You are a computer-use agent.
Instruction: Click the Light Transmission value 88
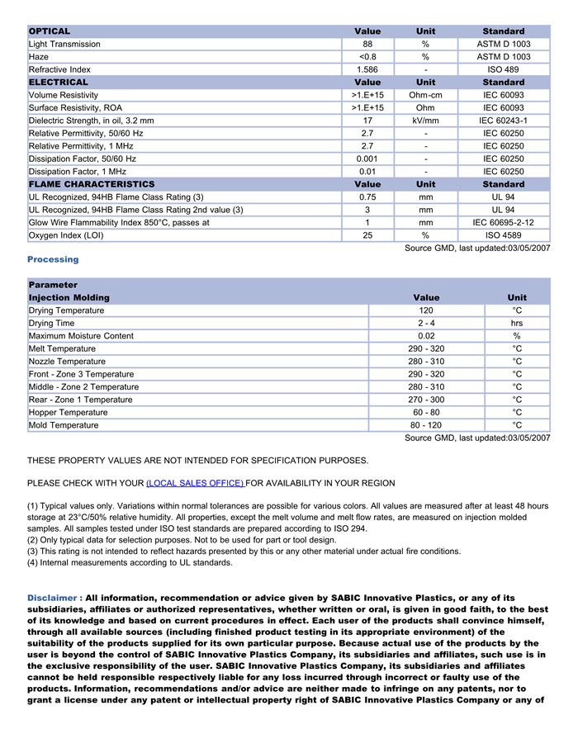(367, 44)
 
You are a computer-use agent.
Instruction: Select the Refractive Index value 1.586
(367, 69)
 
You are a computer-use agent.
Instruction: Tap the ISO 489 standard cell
(503, 69)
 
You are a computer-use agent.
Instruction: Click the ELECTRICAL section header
(58, 83)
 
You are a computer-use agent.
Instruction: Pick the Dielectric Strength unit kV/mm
(425, 121)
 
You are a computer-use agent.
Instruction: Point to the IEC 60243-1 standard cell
(503, 121)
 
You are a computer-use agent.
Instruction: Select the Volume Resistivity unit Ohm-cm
(425, 95)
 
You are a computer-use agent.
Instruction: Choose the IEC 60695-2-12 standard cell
(503, 222)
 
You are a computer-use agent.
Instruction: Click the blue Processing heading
(53, 259)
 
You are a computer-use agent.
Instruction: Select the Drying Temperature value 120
(426, 310)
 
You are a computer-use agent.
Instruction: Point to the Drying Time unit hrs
(517, 324)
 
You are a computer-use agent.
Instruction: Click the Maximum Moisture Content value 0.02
(426, 336)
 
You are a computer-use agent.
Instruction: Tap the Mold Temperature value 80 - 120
(426, 425)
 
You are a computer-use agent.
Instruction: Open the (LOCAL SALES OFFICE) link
(195, 483)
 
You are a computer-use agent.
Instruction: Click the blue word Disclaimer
(53, 598)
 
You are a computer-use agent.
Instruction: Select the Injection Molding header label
(69, 297)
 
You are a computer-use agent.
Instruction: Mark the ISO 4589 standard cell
(503, 235)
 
